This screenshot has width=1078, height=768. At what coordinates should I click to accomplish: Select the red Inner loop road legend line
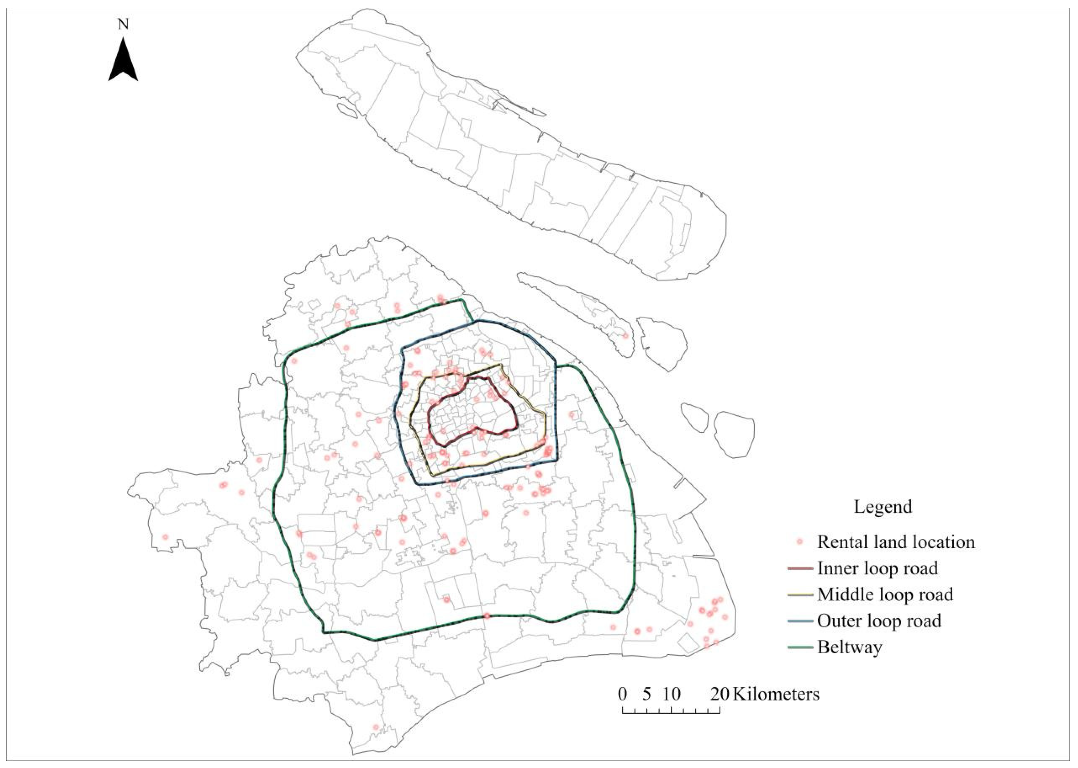(x=800, y=568)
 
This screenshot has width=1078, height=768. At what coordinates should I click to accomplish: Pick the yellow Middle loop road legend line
(x=800, y=594)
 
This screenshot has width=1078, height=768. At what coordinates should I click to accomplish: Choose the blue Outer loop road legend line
(x=800, y=621)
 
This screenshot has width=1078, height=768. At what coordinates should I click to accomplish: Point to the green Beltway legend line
(x=800, y=647)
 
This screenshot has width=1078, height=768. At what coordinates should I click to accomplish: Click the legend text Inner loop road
(x=877, y=568)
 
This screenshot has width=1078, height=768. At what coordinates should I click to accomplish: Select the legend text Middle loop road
(x=885, y=594)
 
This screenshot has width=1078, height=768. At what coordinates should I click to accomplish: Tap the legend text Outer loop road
(x=879, y=621)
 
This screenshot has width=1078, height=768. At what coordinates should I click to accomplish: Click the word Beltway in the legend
(x=850, y=647)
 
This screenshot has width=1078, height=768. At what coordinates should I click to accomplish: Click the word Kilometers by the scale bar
(x=775, y=694)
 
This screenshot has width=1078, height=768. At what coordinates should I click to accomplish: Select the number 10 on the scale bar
(x=671, y=694)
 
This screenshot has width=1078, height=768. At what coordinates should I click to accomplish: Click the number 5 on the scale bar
(x=647, y=694)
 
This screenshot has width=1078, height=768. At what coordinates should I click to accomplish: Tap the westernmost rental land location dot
(x=165, y=537)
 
